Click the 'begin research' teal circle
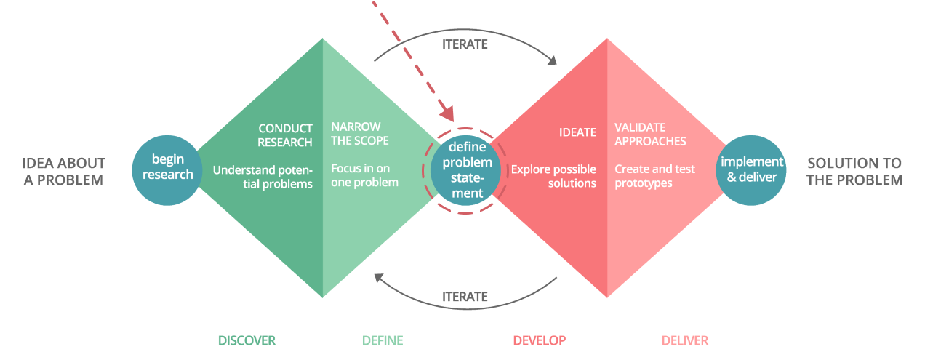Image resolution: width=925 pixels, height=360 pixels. (167, 167)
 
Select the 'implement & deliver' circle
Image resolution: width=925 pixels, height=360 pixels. (751, 169)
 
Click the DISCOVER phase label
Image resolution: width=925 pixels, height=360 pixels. (247, 340)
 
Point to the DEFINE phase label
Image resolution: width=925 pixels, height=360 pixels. (382, 340)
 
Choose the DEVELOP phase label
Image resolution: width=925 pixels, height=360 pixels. (539, 340)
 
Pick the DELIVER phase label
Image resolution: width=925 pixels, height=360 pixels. (684, 340)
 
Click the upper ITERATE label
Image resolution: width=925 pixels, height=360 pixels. (465, 44)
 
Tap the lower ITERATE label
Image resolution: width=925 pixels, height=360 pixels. (465, 297)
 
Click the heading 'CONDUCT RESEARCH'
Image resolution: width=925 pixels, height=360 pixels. (285, 135)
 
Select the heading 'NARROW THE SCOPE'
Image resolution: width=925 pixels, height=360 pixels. (360, 134)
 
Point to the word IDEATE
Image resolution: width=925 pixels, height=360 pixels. (577, 132)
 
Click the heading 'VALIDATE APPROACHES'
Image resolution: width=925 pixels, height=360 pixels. (650, 134)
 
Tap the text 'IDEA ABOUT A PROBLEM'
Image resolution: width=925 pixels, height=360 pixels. (63, 172)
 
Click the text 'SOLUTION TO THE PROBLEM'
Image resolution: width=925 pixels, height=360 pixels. (854, 172)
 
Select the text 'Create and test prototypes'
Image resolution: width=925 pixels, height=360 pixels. (654, 176)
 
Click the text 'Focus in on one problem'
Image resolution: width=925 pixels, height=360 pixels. (364, 175)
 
